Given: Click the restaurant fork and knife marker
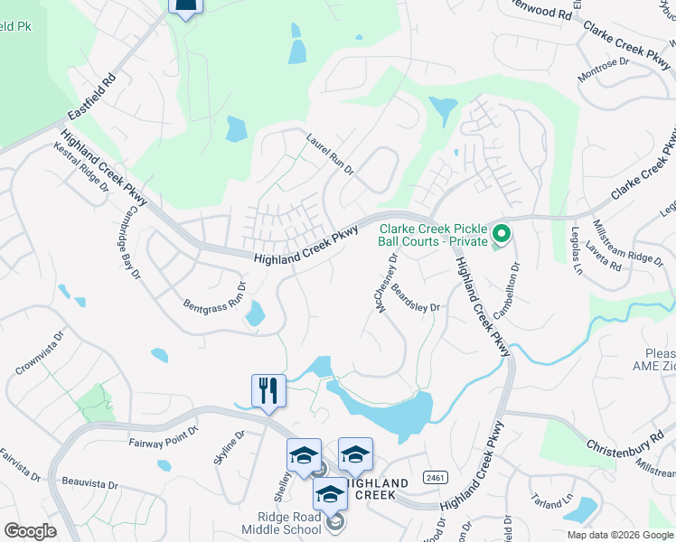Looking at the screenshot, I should pyautogui.click(x=268, y=390).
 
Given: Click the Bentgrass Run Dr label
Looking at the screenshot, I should pyautogui.click(x=215, y=297).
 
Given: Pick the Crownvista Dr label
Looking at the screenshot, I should pyautogui.click(x=40, y=352).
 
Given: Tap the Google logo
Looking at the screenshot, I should pyautogui.click(x=30, y=531).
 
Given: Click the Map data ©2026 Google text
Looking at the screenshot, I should pyautogui.click(x=620, y=535).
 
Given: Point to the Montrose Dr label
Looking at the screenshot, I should pyautogui.click(x=603, y=69).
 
